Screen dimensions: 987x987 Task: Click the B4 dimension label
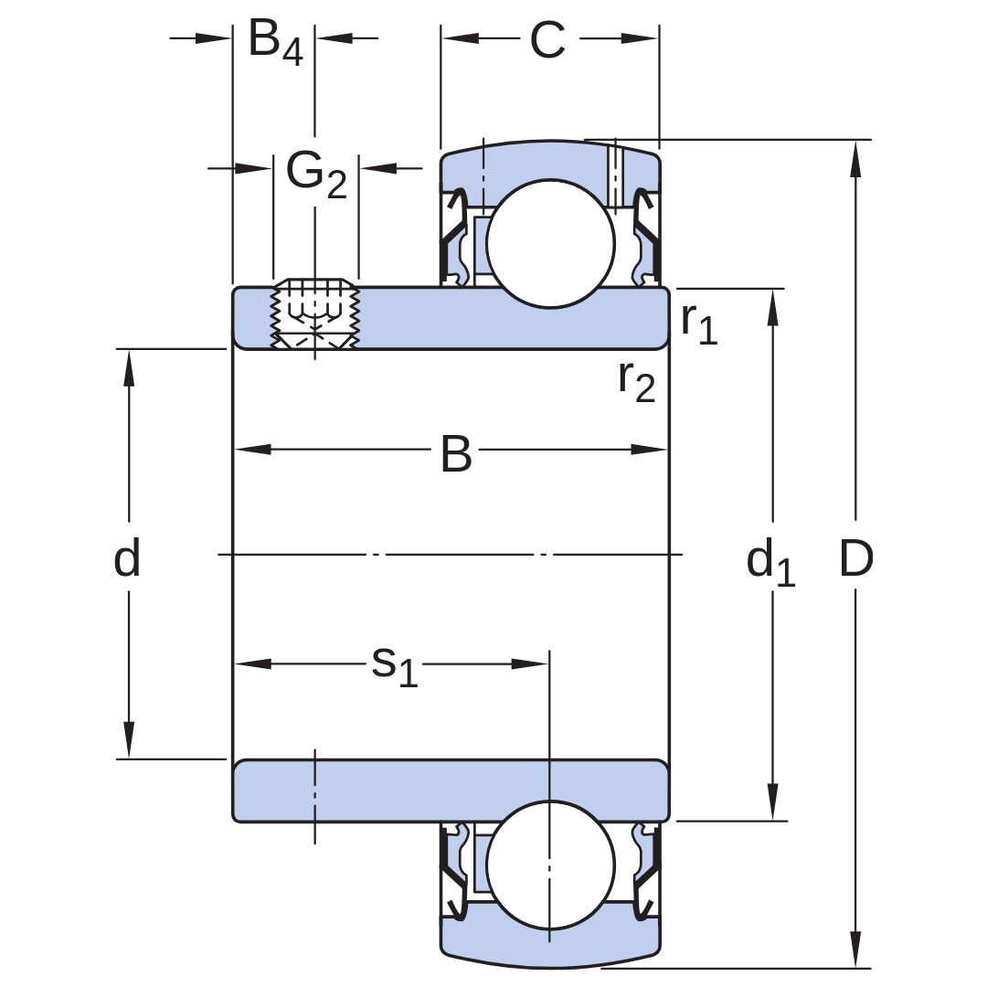(276, 42)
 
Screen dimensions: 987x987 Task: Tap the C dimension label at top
(547, 39)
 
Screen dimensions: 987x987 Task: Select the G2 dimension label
(316, 175)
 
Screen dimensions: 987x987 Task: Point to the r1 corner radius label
(699, 324)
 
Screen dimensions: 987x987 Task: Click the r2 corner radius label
(636, 381)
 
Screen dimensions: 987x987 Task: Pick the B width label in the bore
(456, 453)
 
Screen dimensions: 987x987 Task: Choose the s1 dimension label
(395, 666)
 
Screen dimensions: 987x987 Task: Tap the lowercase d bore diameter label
(126, 557)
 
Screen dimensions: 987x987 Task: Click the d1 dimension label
(770, 563)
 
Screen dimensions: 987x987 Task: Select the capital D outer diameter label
(856, 557)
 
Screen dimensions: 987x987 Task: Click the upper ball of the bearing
(550, 244)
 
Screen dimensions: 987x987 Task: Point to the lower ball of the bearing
(550, 865)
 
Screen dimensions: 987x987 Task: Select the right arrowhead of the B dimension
(648, 450)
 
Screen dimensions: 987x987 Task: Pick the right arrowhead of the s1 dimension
(530, 663)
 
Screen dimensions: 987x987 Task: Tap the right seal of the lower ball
(646, 873)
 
